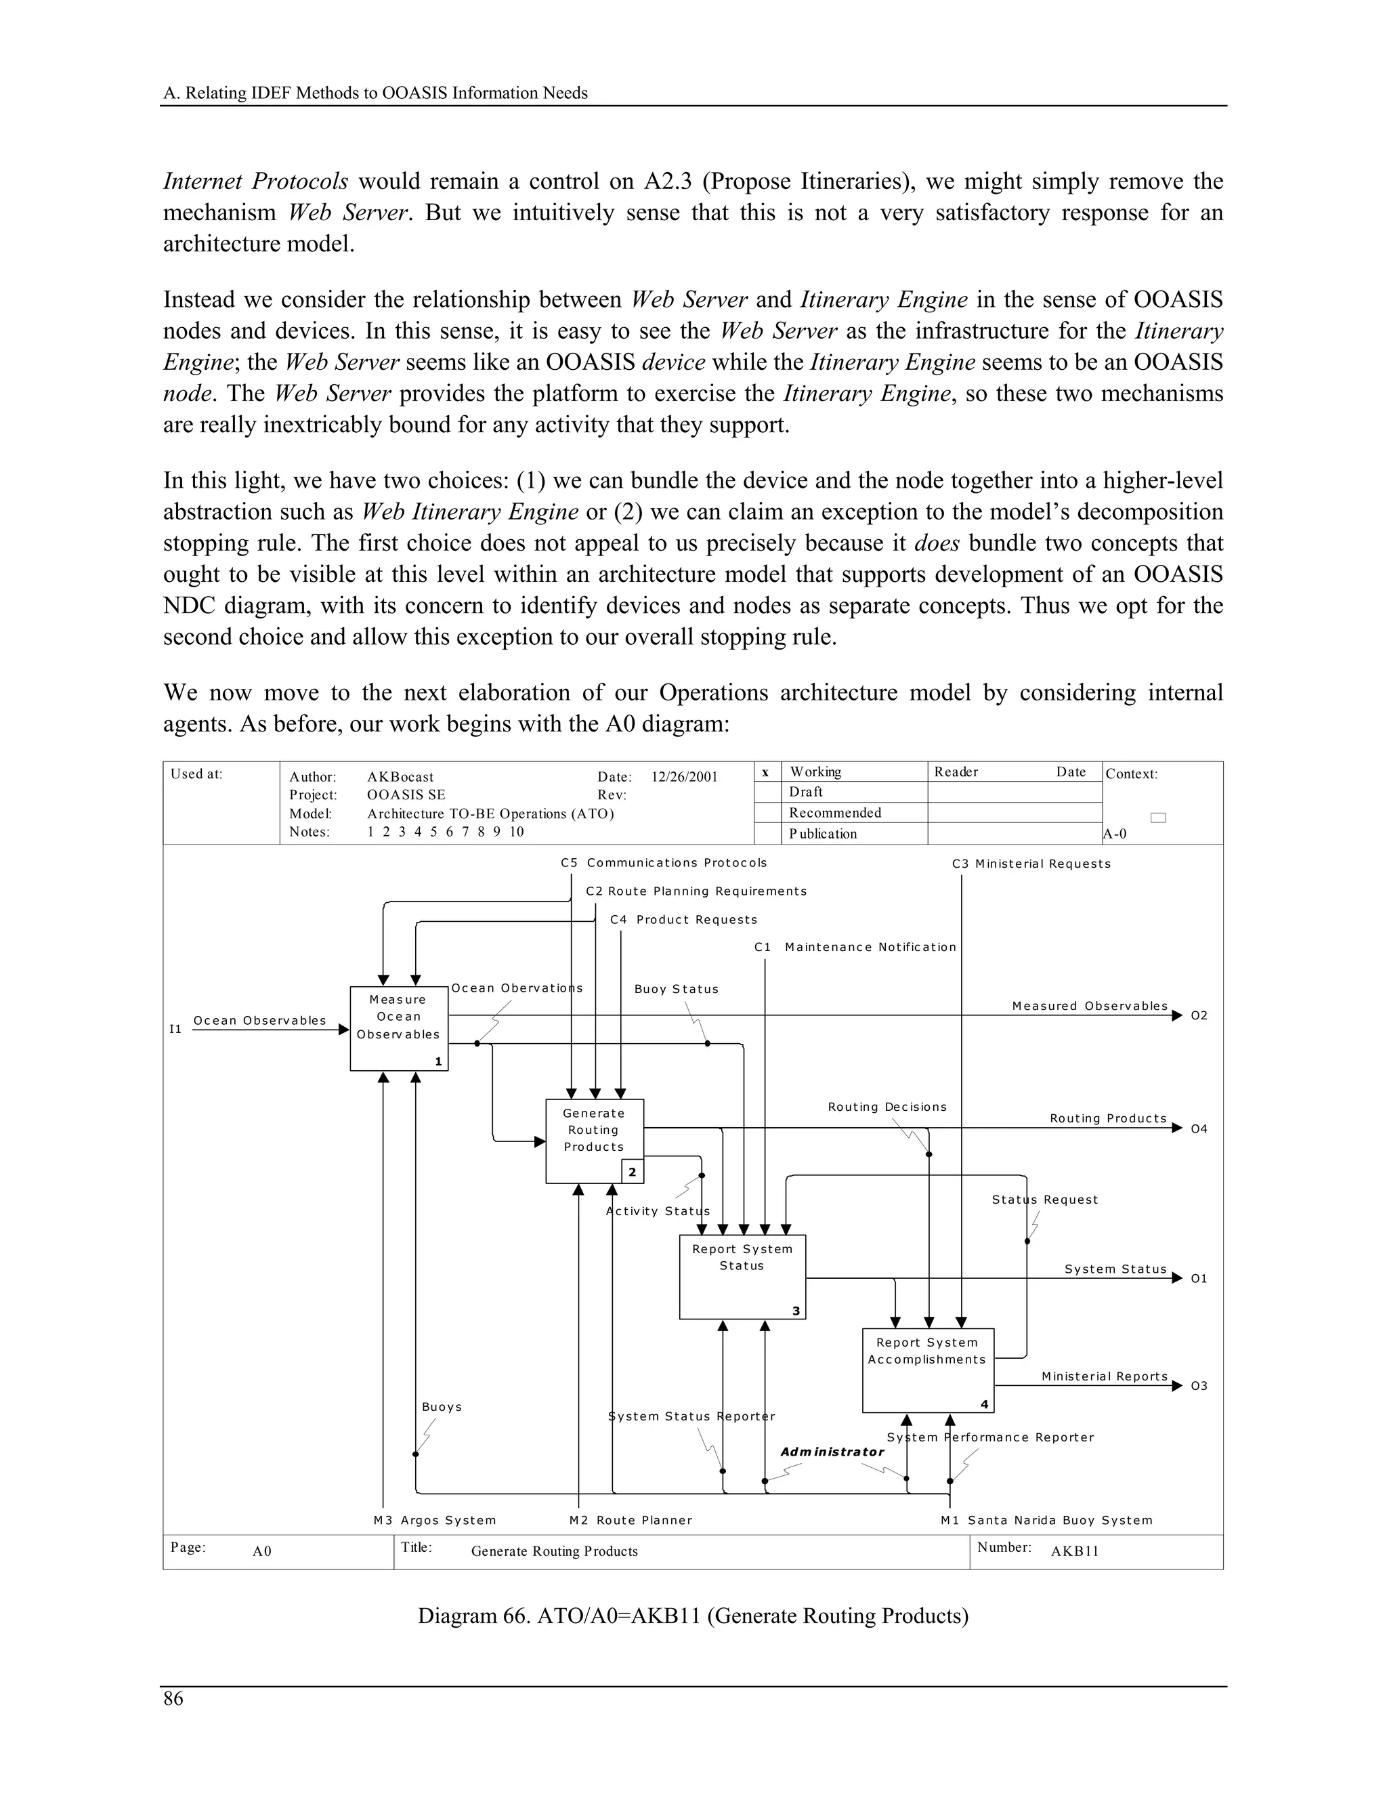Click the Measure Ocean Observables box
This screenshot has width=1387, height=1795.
pyautogui.click(x=398, y=1028)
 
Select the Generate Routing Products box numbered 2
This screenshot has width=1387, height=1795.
pyautogui.click(x=594, y=1140)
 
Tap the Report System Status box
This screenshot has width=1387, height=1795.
pyautogui.click(x=742, y=1275)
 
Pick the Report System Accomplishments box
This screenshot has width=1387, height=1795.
pyautogui.click(x=927, y=1369)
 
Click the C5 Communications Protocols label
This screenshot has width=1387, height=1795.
pyautogui.click(x=664, y=863)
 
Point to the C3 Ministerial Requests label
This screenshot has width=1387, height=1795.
pyautogui.click(x=1031, y=864)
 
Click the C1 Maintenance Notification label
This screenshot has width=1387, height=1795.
pyautogui.click(x=855, y=947)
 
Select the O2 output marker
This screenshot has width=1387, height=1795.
pyautogui.click(x=1199, y=1016)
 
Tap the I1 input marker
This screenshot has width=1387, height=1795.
pyautogui.click(x=175, y=1029)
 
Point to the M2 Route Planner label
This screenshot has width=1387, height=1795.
pyautogui.click(x=631, y=1521)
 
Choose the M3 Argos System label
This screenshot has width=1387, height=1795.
pyautogui.click(x=435, y=1521)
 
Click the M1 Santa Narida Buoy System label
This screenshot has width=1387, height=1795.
pyautogui.click(x=1046, y=1521)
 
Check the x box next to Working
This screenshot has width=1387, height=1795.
pyautogui.click(x=766, y=772)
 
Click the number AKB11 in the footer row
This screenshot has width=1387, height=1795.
pyautogui.click(x=1075, y=1552)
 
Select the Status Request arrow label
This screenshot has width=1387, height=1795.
pyautogui.click(x=1044, y=1200)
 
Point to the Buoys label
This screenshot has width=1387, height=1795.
pyautogui.click(x=442, y=1407)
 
